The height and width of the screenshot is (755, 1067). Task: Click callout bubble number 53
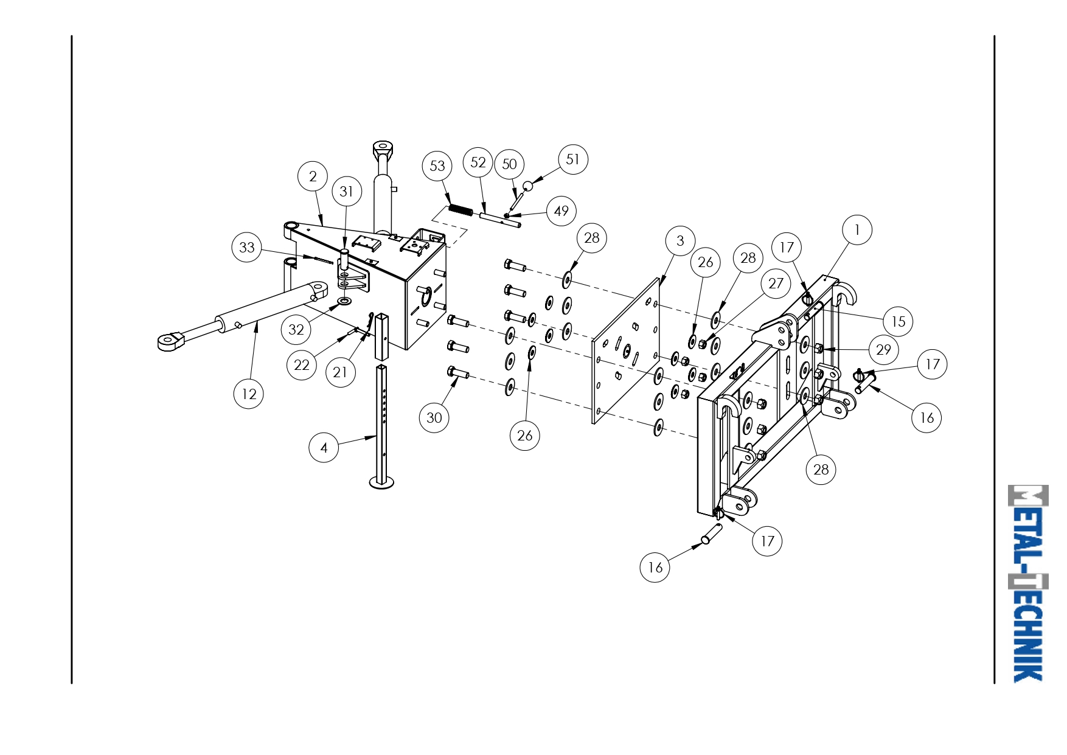click(x=437, y=165)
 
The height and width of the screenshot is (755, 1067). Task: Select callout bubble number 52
click(x=478, y=162)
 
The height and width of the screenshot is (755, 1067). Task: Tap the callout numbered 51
click(x=573, y=159)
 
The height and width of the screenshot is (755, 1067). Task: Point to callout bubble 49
click(x=561, y=210)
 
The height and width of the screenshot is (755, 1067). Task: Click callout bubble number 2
click(x=313, y=176)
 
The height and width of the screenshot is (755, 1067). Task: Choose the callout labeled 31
click(x=347, y=191)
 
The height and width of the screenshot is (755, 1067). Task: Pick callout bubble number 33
click(x=247, y=247)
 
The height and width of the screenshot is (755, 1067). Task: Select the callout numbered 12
click(x=249, y=394)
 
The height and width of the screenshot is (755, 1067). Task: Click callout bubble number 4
click(x=324, y=447)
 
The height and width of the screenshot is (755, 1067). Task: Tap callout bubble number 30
click(x=434, y=417)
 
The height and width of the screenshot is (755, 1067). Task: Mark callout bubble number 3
click(x=680, y=240)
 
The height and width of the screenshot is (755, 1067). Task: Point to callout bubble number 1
click(x=857, y=229)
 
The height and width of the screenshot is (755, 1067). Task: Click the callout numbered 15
click(x=898, y=321)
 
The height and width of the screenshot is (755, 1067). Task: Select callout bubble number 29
click(x=884, y=349)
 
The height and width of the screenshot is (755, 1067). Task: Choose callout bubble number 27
click(x=776, y=283)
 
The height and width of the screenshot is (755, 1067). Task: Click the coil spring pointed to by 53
click(x=461, y=210)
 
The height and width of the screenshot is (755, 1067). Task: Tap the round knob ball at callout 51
click(x=527, y=186)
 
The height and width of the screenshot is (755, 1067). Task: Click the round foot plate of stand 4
click(x=381, y=482)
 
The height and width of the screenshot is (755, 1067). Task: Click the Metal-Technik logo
click(x=1028, y=583)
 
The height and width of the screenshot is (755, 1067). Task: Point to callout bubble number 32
click(x=296, y=329)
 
